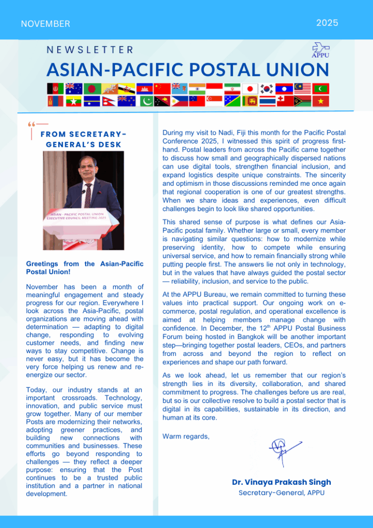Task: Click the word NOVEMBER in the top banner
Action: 45,24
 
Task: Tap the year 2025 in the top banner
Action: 327,23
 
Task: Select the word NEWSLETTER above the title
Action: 90,49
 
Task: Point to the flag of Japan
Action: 250,88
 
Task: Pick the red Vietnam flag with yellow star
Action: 321,101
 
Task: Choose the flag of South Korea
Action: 267,88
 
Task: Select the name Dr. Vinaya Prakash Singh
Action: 281,482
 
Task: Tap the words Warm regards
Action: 186,436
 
